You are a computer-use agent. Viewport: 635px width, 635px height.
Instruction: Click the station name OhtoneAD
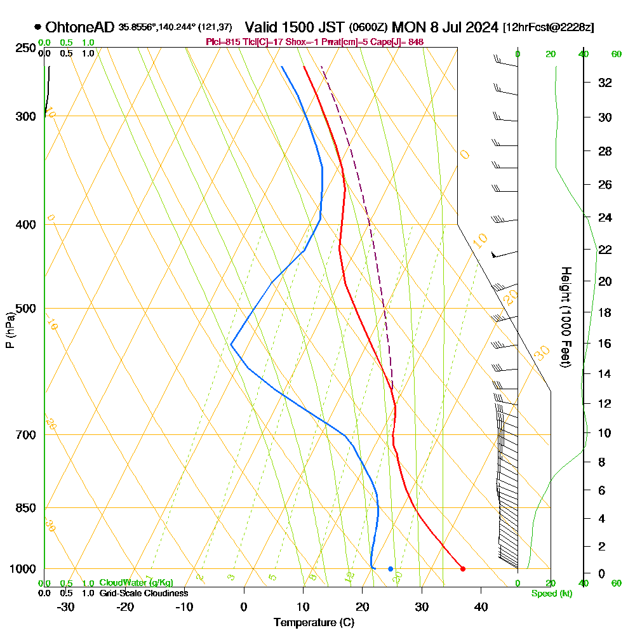coord(80,27)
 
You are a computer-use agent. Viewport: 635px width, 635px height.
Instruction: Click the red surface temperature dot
coord(462,568)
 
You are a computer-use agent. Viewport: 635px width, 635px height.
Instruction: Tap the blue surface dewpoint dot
coord(391,568)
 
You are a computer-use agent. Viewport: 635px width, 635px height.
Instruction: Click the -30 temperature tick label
coord(66,607)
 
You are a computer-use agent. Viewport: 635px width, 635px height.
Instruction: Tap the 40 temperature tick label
coord(481,607)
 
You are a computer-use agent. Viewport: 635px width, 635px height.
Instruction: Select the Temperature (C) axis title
coord(314,623)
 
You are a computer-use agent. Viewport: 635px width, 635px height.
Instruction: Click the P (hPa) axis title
coord(10,330)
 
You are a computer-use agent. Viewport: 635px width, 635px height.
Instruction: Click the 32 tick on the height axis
coord(605,83)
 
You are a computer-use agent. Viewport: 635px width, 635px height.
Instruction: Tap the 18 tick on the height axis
coord(605,312)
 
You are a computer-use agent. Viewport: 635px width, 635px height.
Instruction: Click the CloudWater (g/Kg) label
coord(136,583)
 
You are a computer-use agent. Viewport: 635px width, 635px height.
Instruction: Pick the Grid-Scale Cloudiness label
coord(144,593)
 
